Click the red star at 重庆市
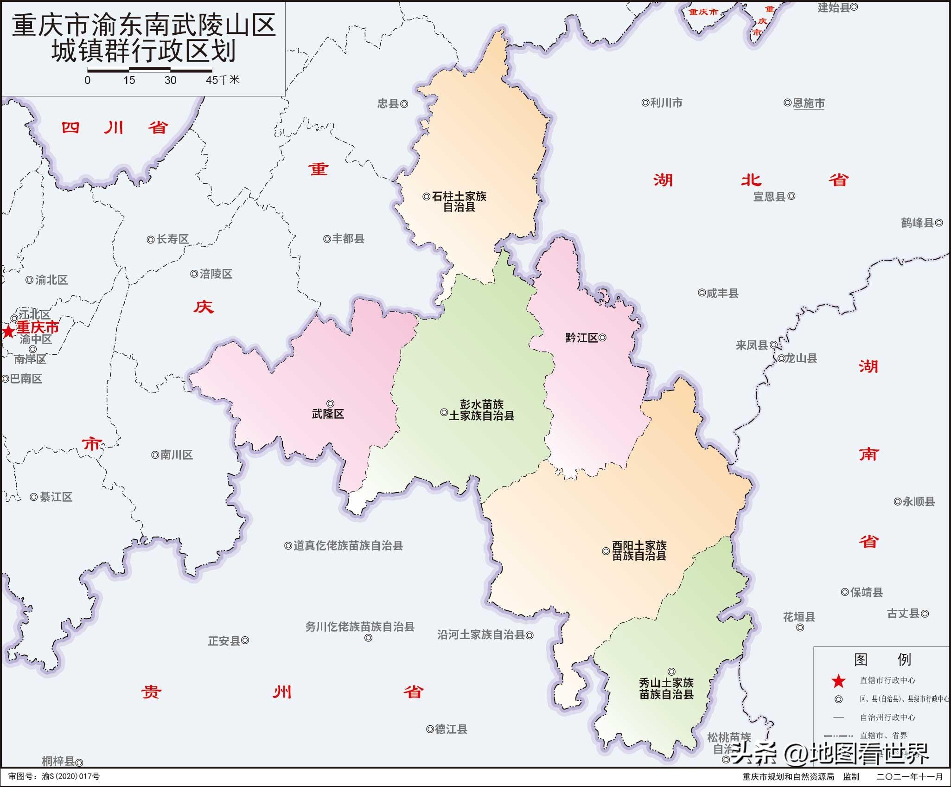click(x=8, y=332)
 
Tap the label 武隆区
click(x=328, y=414)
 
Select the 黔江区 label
click(x=581, y=338)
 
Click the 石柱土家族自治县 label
click(x=459, y=202)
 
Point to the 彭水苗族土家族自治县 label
click(x=481, y=410)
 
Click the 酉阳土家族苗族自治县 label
click(x=639, y=550)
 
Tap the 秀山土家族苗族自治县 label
click(x=666, y=688)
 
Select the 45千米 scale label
click(x=223, y=80)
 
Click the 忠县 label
click(x=388, y=104)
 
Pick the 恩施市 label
click(x=809, y=103)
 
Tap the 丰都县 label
click(x=348, y=239)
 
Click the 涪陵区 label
click(x=216, y=274)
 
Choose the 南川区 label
click(x=177, y=455)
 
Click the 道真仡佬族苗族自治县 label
click(x=348, y=546)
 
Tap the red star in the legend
click(x=838, y=681)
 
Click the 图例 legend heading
click(x=882, y=659)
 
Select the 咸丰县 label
click(x=722, y=293)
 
